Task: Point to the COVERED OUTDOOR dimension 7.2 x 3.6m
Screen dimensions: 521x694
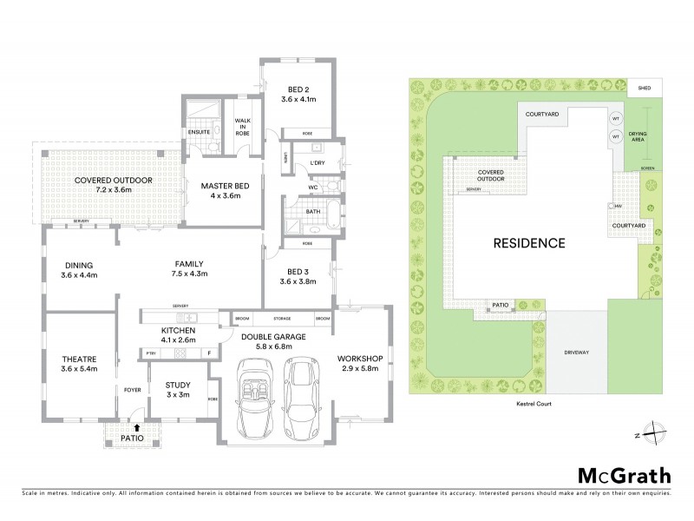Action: pos(114,189)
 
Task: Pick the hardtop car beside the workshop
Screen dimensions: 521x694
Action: pos(300,394)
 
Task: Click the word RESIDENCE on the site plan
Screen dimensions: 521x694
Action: pos(529,242)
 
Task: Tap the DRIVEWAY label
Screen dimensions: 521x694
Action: pos(577,353)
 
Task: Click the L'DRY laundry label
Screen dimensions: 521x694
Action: pos(317,163)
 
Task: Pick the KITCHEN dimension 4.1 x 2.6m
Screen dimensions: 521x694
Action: pos(178,341)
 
